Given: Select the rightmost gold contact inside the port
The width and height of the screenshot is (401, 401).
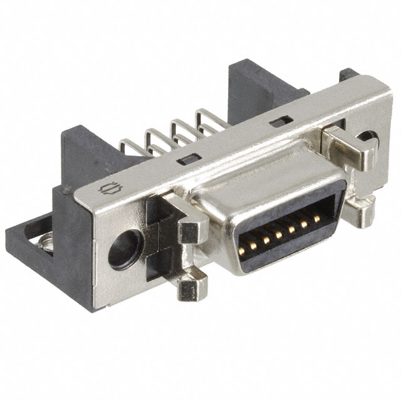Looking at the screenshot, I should (317, 218).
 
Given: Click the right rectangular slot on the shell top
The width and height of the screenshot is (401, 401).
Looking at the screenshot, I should (279, 121).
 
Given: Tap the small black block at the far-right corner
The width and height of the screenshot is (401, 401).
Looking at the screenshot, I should (350, 75).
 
